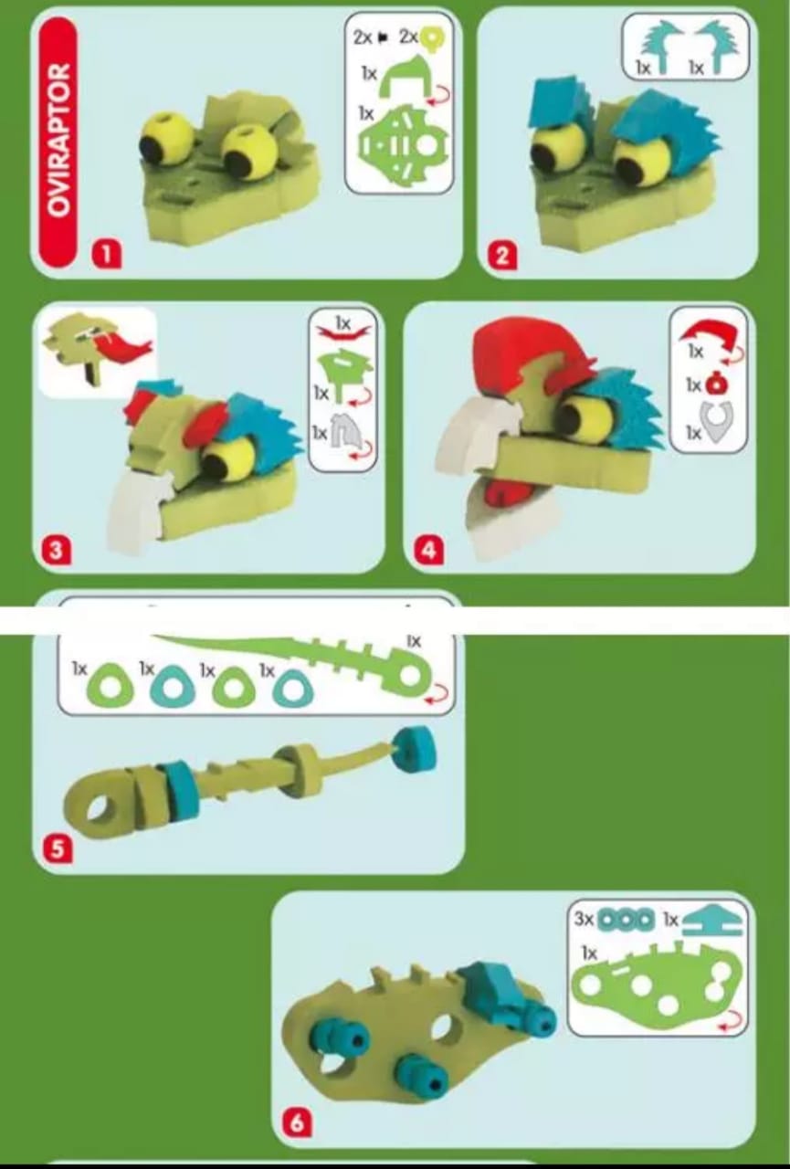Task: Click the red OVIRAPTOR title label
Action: coord(58,142)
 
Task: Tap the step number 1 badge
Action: coord(106,254)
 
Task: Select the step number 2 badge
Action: coord(502,256)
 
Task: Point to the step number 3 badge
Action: coord(57,550)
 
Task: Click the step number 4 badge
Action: coord(429,550)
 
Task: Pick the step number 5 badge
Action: coord(58,848)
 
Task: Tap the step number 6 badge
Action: coord(297,1121)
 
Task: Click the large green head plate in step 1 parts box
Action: coord(403,147)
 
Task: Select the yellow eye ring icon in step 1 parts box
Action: coord(433,38)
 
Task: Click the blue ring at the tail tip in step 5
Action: coord(414,750)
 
